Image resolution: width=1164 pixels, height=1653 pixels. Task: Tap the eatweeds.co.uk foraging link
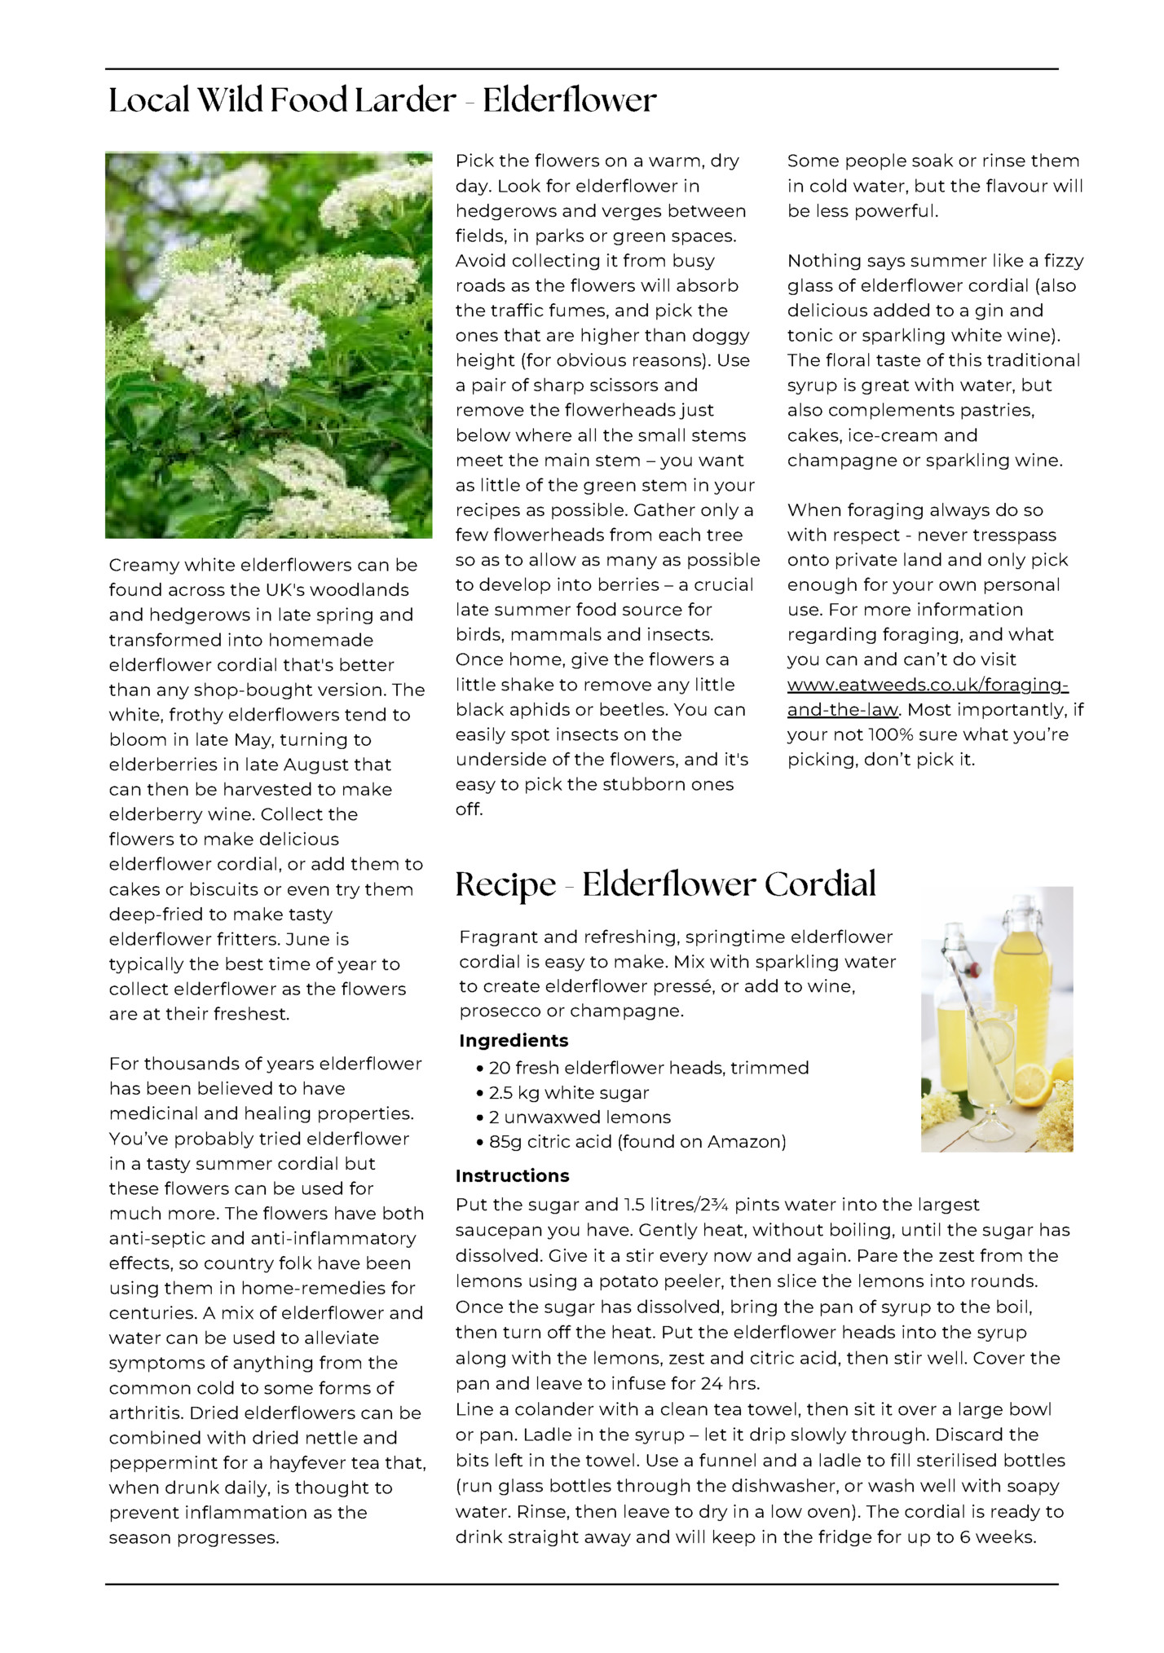927,697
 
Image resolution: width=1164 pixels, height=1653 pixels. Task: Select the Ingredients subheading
514,1041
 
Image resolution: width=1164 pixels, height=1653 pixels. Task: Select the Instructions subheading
512,1175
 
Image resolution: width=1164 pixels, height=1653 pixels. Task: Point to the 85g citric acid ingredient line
637,1142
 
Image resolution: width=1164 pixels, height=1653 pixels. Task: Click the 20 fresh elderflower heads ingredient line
648,1068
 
